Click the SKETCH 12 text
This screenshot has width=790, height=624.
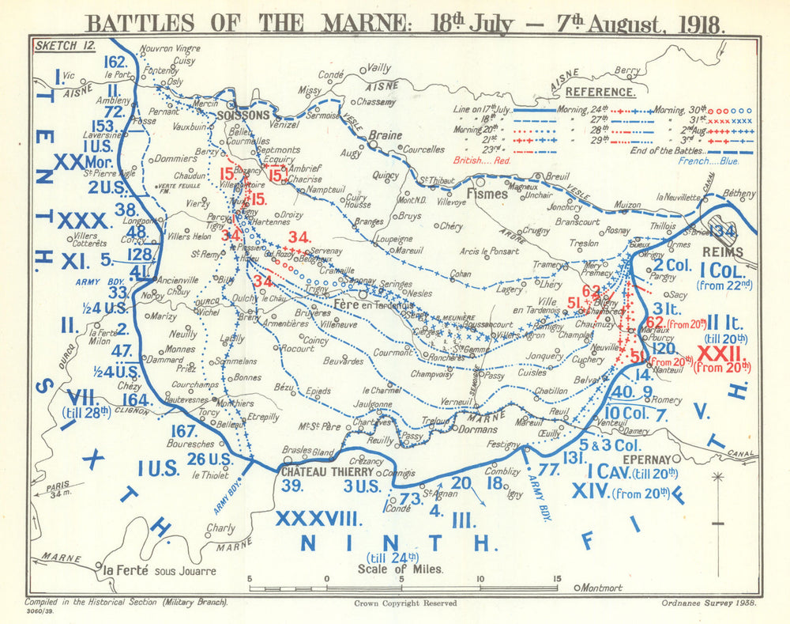click(x=66, y=45)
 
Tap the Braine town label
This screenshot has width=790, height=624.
click(x=386, y=135)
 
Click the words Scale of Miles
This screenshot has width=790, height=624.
click(x=400, y=568)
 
